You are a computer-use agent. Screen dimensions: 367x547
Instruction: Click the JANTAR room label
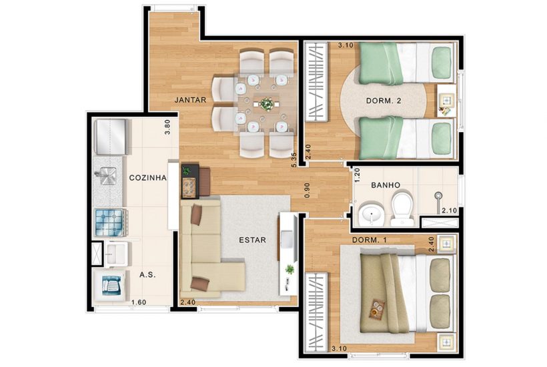point(189,100)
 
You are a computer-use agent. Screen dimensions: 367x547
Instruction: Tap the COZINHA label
point(147,178)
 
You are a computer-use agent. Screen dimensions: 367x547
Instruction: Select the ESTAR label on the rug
point(253,240)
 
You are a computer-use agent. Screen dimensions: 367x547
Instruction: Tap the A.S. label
point(147,275)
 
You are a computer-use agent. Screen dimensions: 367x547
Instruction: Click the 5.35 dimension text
point(293,159)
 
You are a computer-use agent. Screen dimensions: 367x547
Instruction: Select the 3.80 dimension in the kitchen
point(168,127)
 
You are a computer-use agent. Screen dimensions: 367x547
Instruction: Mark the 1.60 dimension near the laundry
point(139,303)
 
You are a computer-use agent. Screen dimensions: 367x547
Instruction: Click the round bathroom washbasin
point(367,216)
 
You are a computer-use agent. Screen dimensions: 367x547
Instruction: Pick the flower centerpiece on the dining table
point(267,104)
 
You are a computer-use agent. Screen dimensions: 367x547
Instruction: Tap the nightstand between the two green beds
point(445,102)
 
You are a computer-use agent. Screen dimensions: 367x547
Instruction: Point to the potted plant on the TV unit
point(290,270)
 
